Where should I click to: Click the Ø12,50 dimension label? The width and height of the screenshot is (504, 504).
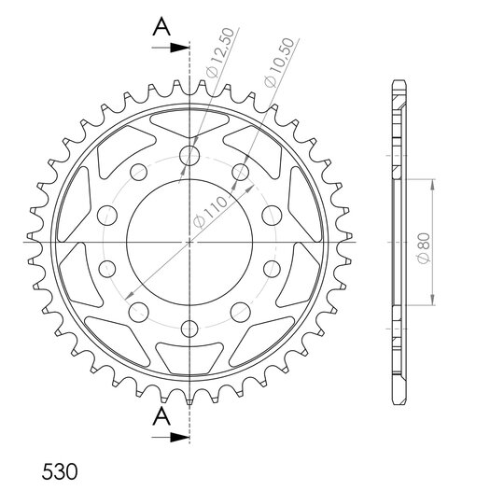220,53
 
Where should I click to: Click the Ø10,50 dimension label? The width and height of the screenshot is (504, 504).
279,63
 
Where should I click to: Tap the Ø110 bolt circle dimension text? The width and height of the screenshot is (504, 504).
210,213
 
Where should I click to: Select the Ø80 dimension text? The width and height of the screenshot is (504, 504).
423,248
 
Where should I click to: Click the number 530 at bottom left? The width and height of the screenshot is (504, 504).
60,471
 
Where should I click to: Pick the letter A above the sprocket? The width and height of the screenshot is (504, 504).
161,27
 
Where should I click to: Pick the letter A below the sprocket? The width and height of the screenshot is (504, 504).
161,416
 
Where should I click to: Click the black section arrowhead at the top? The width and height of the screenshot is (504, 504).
179,48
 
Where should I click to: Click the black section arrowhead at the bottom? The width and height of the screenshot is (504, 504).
179,437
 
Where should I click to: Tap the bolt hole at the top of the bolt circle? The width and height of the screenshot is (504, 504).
189,156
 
